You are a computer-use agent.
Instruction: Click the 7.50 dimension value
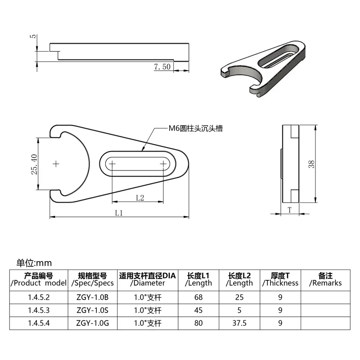click(162, 67)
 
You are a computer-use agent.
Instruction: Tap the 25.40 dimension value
click(34, 164)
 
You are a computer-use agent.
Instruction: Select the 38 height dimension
click(311, 164)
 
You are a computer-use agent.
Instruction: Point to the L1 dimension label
click(119, 213)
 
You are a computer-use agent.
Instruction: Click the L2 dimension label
click(140, 198)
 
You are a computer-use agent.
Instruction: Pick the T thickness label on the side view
click(290, 210)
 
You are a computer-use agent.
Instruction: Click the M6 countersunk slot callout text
click(196, 128)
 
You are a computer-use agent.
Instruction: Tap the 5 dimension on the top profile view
click(33, 36)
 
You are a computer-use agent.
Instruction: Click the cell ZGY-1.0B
click(93, 297)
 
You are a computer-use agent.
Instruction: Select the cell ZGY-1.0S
click(93, 310)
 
